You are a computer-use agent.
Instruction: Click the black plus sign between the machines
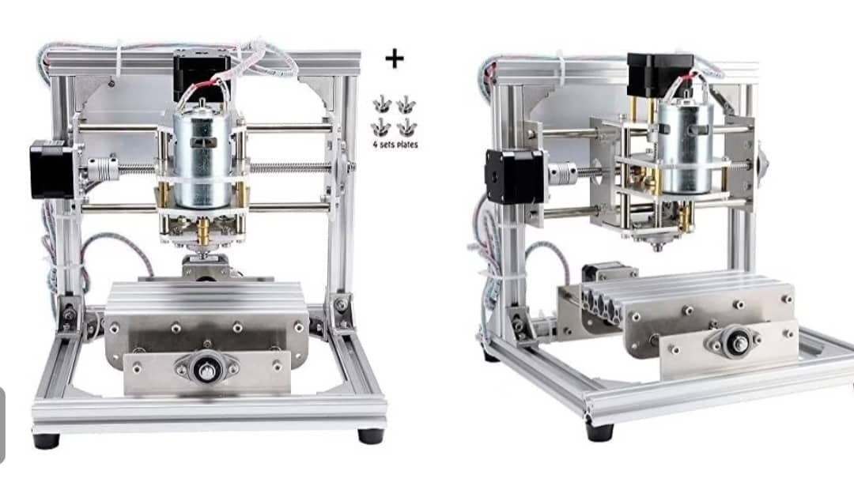click(x=395, y=58)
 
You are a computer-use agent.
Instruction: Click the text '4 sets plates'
click(x=395, y=145)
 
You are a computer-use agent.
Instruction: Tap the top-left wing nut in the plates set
click(x=383, y=104)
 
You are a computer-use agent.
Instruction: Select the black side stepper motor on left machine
click(x=51, y=169)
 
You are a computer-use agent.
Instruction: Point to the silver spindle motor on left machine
click(x=202, y=159)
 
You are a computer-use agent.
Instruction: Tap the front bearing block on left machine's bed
click(x=207, y=370)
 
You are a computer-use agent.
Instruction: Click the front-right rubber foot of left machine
click(x=371, y=436)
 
